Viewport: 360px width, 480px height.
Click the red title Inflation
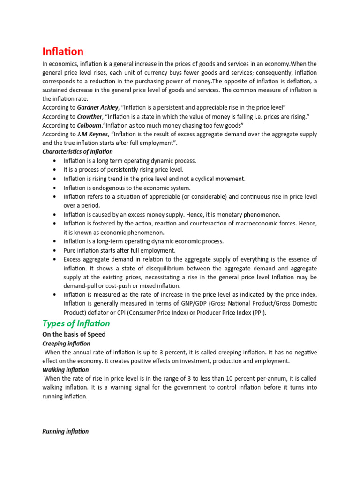point(63,51)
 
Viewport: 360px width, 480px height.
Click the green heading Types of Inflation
point(76,323)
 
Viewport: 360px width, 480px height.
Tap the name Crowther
point(90,117)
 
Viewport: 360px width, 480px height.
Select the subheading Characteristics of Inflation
point(77,152)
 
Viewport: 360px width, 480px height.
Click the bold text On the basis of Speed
point(74,335)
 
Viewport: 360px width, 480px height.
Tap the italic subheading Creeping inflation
point(66,344)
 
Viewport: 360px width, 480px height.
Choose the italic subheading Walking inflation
point(65,370)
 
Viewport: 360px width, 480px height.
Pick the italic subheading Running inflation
point(65,431)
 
